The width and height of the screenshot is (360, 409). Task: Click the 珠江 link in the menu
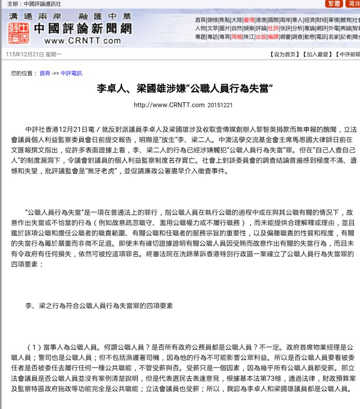click(249, 37)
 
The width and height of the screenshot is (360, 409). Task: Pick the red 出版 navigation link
click(261, 37)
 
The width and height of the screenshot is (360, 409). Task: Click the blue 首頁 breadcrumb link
click(45, 73)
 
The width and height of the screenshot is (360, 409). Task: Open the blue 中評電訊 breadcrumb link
click(71, 73)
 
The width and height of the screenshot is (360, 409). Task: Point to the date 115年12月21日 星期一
click(34, 54)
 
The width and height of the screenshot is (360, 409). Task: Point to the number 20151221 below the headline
click(220, 105)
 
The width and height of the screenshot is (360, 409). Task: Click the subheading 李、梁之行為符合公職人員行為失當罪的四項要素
click(99, 306)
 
